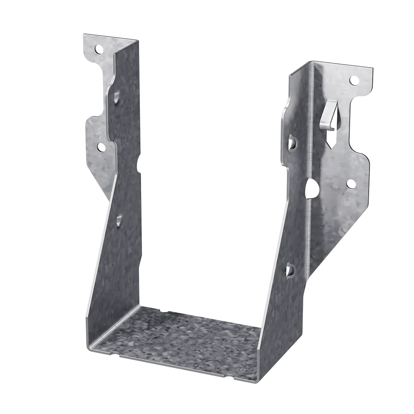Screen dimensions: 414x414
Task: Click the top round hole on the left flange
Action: (x=98, y=50)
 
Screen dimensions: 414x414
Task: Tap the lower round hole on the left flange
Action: (x=101, y=148)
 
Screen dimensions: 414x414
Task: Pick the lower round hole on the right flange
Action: (x=350, y=184)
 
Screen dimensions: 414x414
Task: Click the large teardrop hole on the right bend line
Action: (x=312, y=188)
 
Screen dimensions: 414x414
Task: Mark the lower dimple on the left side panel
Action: (x=119, y=220)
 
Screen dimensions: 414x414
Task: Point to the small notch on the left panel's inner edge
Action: (x=139, y=166)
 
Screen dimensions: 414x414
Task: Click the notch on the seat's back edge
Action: (x=164, y=311)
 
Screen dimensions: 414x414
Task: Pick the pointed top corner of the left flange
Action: (x=83, y=34)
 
